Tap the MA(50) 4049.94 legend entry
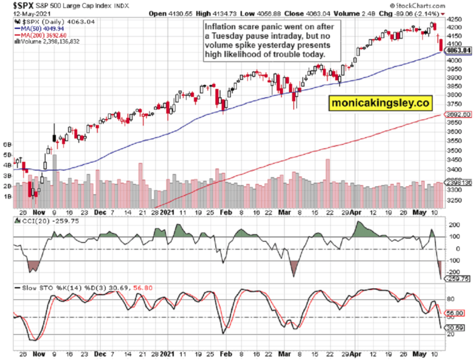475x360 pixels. pyautogui.click(x=39, y=28)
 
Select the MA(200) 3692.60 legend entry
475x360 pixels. pyautogui.click(x=41, y=35)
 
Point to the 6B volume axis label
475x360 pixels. pyautogui.click(x=8, y=144)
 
